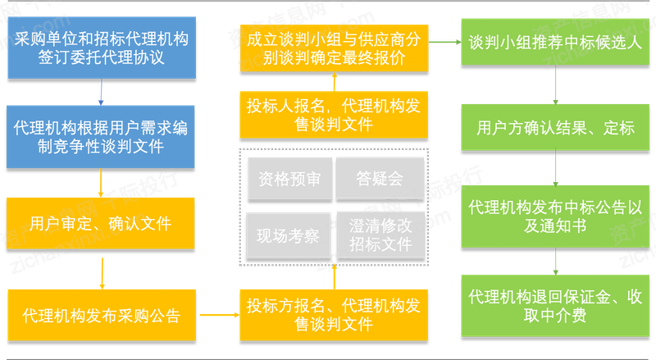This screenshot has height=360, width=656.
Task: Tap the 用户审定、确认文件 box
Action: [x=100, y=223]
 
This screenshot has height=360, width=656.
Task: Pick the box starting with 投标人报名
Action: [x=334, y=115]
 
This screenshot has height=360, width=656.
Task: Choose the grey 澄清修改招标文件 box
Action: [x=380, y=233]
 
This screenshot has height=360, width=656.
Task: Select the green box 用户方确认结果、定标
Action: [x=556, y=129]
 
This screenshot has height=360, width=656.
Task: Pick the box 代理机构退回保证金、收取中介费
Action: [x=556, y=304]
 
